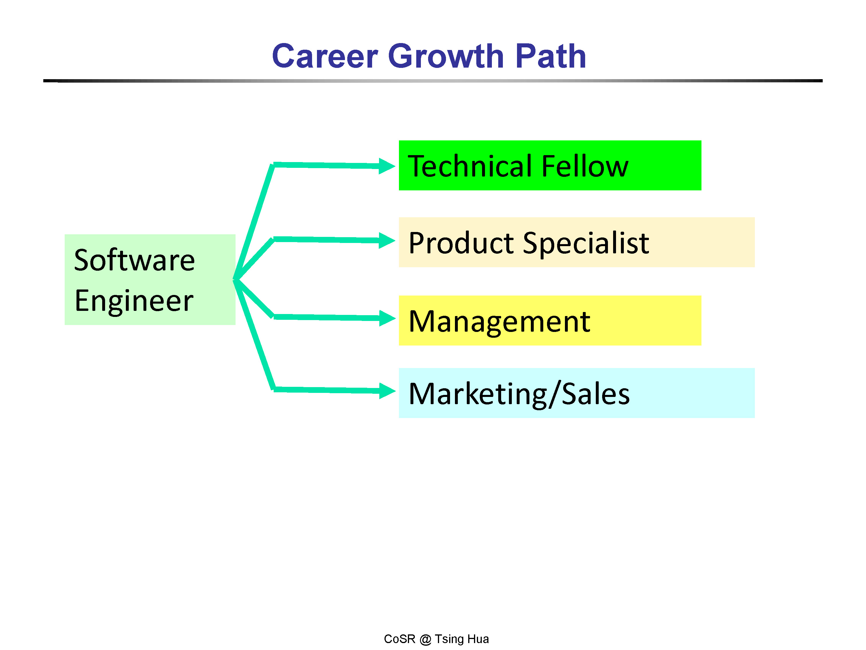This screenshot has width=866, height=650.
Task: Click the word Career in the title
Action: pos(325,56)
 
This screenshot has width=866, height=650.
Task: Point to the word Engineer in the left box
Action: pos(134,301)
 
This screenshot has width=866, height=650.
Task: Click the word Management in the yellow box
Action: pos(499,322)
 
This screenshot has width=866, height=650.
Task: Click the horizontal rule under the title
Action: pos(433,81)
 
